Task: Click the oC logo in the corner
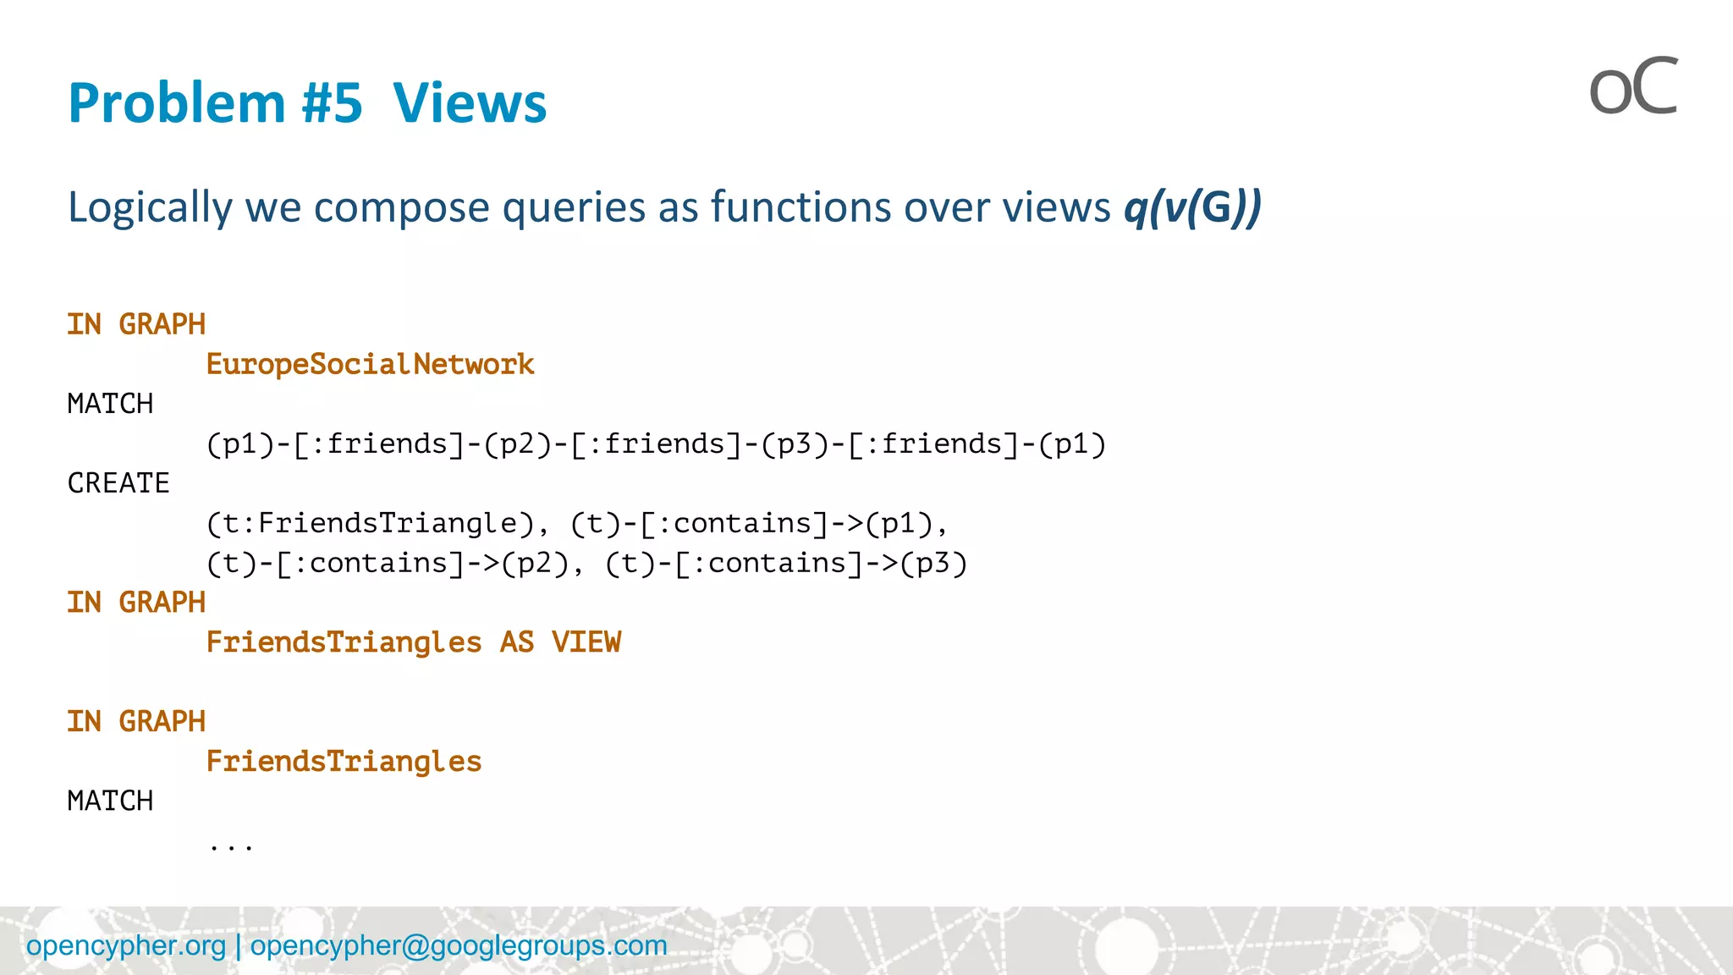(1632, 87)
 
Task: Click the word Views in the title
(470, 103)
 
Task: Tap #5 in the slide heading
(333, 103)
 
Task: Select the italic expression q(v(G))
(1192, 207)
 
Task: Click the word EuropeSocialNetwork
(370, 365)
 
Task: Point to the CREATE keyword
(118, 483)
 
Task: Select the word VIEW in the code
(586, 642)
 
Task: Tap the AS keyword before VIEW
(516, 642)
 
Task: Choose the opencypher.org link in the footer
(126, 945)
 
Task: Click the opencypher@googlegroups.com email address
(459, 945)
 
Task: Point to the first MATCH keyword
(110, 404)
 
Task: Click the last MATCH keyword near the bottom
(110, 801)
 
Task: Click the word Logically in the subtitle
(149, 207)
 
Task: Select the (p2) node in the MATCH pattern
(518, 444)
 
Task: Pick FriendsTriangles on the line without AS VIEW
(344, 762)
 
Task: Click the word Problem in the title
(176, 103)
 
